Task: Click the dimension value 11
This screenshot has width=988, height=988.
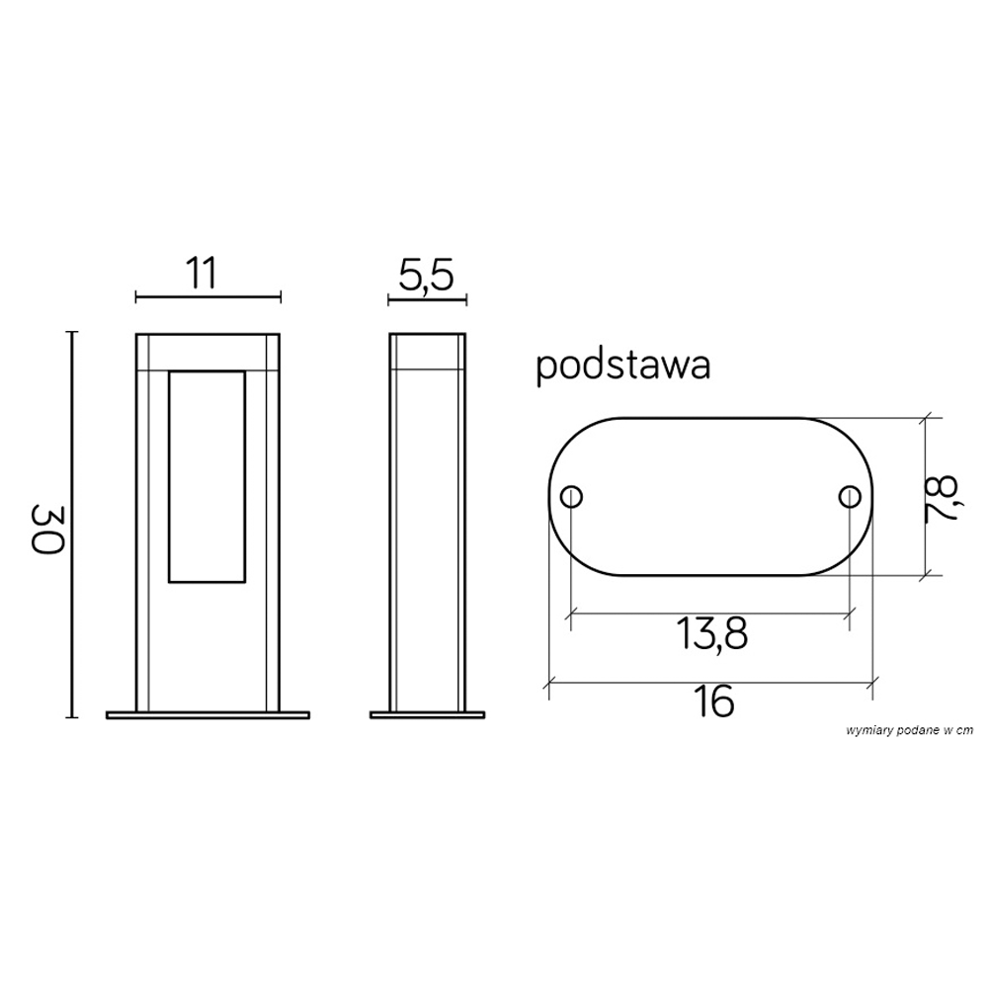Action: click(x=202, y=273)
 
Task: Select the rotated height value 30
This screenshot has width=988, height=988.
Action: click(x=47, y=528)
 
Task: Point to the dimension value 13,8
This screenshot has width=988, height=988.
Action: click(x=712, y=633)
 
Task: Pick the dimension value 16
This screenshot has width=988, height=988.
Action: click(x=714, y=700)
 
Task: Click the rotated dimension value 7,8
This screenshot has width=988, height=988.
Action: click(x=942, y=498)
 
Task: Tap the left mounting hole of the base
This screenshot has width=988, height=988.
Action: click(x=571, y=497)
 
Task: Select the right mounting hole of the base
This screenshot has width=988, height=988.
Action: click(x=850, y=497)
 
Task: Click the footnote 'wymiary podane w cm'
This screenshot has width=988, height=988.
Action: click(x=910, y=730)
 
